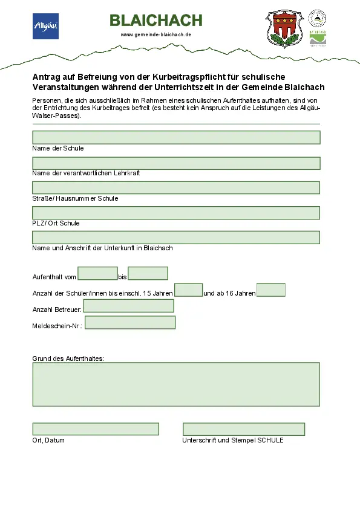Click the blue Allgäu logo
click(45, 26)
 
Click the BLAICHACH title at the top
click(156, 21)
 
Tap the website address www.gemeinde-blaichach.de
click(156, 34)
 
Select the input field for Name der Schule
click(176, 137)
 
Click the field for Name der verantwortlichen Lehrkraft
click(176, 163)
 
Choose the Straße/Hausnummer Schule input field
click(176, 188)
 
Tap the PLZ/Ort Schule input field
click(176, 213)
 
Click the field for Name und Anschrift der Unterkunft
click(176, 237)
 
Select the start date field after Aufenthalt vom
click(97, 273)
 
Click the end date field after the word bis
click(148, 273)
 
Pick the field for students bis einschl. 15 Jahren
click(188, 290)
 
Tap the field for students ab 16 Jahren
click(270, 290)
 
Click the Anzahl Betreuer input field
click(128, 306)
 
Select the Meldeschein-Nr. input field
click(130, 322)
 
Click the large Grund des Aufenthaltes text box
click(176, 384)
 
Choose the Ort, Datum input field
click(96, 429)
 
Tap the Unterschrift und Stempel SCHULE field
click(244, 429)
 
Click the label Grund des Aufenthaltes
click(68, 358)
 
